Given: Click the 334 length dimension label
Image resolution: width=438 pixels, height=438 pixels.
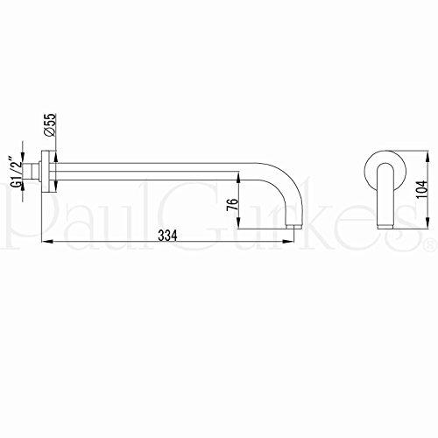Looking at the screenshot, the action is tap(167, 236).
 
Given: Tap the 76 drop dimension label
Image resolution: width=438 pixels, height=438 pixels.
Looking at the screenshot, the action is tap(232, 205).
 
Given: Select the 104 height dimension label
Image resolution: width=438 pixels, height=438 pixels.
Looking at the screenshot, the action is tap(421, 189).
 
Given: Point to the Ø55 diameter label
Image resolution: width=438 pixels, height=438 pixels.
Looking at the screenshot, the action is tap(50, 124).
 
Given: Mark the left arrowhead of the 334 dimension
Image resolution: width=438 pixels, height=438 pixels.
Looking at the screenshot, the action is tap(47, 241).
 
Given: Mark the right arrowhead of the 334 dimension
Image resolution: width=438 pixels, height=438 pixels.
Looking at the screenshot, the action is tap(287, 241).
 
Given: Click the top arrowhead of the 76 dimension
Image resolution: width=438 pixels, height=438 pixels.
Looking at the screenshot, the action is tap(238, 177).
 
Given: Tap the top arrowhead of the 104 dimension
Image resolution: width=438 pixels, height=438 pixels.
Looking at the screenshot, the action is tap(428, 156).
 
